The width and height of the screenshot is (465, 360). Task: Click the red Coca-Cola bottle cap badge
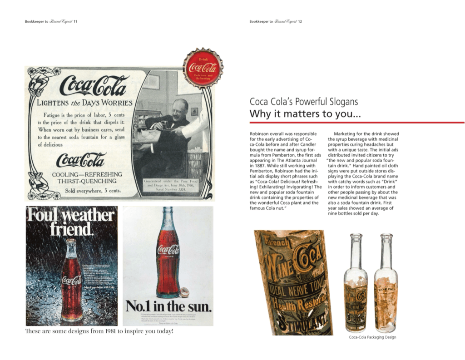click(x=203, y=68)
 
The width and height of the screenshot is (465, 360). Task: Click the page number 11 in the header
click(x=75, y=21)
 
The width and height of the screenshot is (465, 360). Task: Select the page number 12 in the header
click(x=300, y=21)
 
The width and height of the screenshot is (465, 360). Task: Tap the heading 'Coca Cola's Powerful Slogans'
click(x=303, y=102)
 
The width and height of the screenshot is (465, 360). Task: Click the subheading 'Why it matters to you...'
click(x=305, y=113)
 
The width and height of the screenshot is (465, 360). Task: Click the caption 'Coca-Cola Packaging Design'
click(x=372, y=337)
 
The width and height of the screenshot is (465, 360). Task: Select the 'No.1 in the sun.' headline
click(x=168, y=307)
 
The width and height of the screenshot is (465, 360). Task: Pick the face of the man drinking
click(x=180, y=109)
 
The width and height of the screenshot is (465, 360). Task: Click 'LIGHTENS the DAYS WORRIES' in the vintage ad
click(x=84, y=103)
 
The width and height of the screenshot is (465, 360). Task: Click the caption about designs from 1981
click(x=99, y=331)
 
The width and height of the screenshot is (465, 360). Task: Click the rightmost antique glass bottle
click(x=386, y=284)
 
